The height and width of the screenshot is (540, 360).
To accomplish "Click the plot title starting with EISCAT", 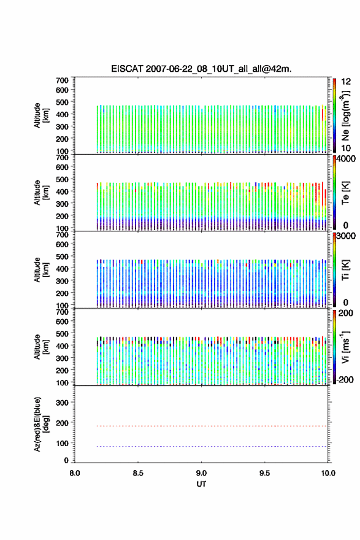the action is (x=201, y=69).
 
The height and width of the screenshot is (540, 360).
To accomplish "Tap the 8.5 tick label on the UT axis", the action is (x=138, y=473).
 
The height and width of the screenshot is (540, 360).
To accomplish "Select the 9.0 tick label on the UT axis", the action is (x=201, y=473).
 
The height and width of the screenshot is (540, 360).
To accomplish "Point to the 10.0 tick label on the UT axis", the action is (x=328, y=473).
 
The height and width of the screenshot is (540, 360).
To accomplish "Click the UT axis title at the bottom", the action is (x=201, y=484).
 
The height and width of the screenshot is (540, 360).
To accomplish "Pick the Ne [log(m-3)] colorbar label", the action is (x=345, y=116).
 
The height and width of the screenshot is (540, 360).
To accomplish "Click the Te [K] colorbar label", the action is (x=345, y=193).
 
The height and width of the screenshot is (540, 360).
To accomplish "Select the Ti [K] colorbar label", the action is (x=345, y=270).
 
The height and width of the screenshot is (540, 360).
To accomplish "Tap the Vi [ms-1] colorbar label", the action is (x=345, y=347).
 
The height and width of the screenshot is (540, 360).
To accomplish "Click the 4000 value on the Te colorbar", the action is (x=346, y=159).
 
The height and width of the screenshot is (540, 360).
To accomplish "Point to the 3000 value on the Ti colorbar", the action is (x=346, y=236).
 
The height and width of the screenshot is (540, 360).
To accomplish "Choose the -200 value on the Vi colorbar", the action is (x=344, y=379).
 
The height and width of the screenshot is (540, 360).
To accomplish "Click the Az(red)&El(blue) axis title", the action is (x=41, y=424).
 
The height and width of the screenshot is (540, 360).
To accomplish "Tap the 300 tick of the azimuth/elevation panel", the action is (x=63, y=403).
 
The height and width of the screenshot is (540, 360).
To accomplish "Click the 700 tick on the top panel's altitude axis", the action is (x=63, y=80).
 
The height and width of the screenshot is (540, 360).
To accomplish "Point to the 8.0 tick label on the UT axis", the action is (x=75, y=473).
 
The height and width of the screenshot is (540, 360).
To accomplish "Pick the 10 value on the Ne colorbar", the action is (x=346, y=148).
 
